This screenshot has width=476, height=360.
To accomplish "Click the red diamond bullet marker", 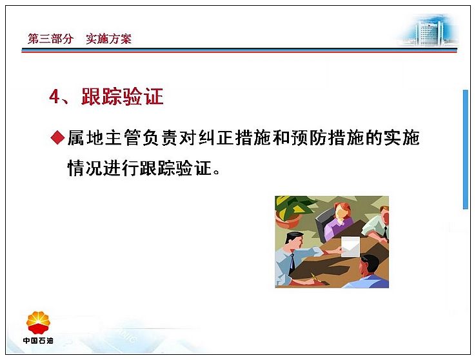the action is coord(57,137).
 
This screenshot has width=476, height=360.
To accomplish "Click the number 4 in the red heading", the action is coord(55,97).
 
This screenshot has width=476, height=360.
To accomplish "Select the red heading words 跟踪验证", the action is coord(123,97).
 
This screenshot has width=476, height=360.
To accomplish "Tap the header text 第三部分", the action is coord(51,39).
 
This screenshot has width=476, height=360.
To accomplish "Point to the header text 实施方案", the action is coord(108,39).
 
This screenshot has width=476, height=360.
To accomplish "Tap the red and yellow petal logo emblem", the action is coord(38,323).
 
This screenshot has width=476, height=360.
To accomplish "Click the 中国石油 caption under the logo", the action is coord(38,341).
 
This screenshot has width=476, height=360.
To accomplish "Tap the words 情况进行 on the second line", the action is coord(103,168).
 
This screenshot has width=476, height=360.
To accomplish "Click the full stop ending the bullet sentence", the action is coord(217,172).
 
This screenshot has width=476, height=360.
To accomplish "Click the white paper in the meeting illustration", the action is coord(350,247).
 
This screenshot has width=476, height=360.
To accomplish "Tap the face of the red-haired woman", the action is coord(342,212).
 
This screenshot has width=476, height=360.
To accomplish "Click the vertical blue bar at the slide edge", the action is coord(465,149).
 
